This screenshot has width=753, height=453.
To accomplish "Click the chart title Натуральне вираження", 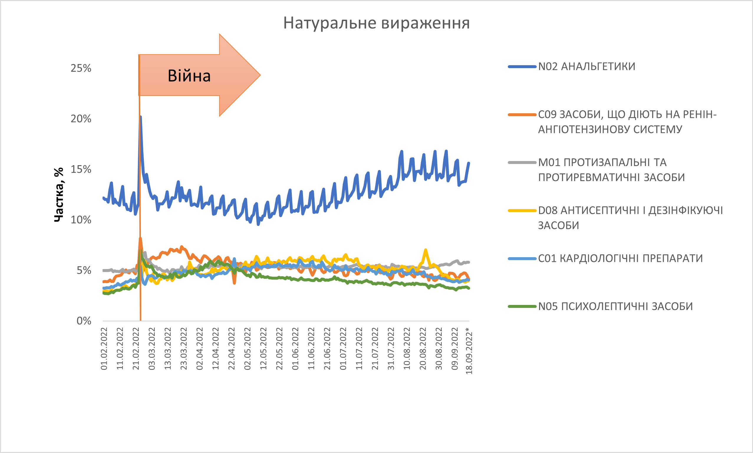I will click(x=376, y=23).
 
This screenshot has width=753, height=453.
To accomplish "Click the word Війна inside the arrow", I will click(x=189, y=76).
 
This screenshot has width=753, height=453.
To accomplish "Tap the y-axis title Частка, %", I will click(x=59, y=194).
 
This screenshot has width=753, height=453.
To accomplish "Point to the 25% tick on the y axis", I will click(x=81, y=68).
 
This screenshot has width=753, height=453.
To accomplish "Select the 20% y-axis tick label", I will click(x=81, y=119).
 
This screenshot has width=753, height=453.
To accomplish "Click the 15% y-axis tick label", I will click(x=81, y=169).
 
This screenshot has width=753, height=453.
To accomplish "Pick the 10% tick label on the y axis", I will click(x=81, y=220).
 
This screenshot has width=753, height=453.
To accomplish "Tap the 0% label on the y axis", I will click(x=84, y=321).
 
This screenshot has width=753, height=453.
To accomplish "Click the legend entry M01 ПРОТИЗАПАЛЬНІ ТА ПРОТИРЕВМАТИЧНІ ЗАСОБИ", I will click(x=611, y=170).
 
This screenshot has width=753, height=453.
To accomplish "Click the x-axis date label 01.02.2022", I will click(x=104, y=349).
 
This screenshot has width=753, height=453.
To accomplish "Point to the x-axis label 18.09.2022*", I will click(x=469, y=350).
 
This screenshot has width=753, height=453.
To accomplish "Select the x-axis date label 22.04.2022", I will click(x=231, y=349).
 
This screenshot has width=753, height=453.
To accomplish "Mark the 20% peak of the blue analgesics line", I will click(x=140, y=117).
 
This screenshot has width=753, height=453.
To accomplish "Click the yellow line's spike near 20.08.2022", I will click(x=426, y=250).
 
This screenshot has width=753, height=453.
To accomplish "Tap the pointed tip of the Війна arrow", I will click(x=260, y=75).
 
